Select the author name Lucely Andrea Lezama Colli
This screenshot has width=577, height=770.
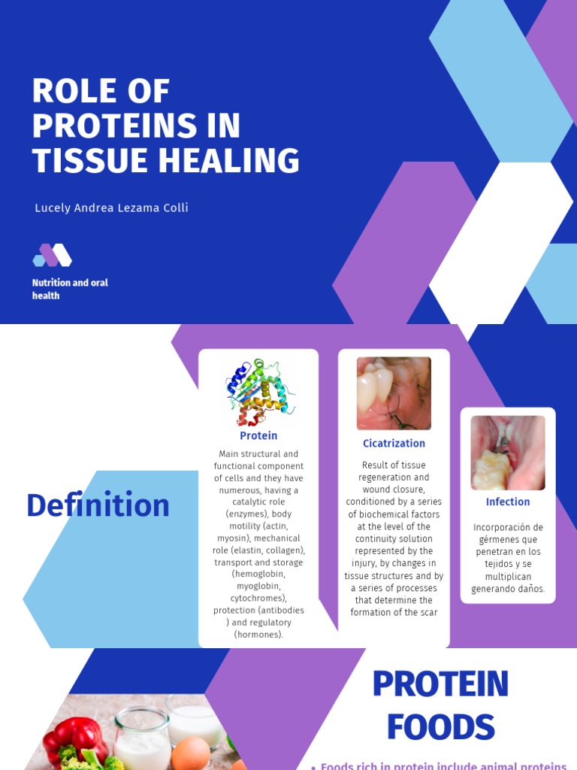pos(111,208)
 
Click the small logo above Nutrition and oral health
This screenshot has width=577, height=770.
pos(52,256)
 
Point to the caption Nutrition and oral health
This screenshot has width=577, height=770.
pos(70,289)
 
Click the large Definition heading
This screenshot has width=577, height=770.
pos(98,505)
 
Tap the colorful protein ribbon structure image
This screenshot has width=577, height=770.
pos(258,392)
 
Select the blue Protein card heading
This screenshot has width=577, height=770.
pos(258,435)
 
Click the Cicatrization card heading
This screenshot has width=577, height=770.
pos(394,444)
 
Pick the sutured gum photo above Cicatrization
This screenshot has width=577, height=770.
pos(394,393)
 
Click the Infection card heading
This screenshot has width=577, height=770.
pos(508,502)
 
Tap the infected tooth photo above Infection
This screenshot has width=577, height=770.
pos(508,453)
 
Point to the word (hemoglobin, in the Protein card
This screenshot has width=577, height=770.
pos(258,574)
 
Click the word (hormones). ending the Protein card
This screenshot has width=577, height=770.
pos(258,635)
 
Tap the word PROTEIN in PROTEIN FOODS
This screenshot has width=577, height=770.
pos(440,684)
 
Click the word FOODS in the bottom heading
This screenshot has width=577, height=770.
pos(440,727)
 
